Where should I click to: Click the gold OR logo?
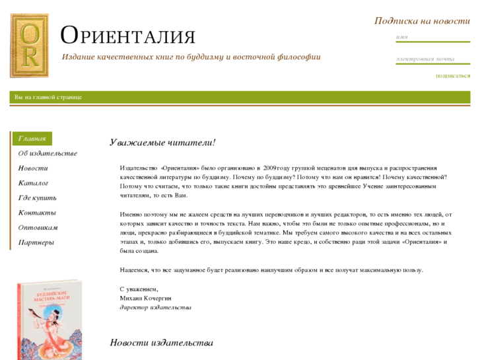pyautogui.click(x=29, y=46)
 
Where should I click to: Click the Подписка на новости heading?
pyautogui.click(x=422, y=20)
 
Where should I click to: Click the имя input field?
pyautogui.click(x=432, y=38)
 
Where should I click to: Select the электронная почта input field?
pyautogui.click(x=432, y=59)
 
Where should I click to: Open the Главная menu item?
pyautogui.click(x=32, y=139)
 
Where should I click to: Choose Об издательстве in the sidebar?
pyautogui.click(x=48, y=153)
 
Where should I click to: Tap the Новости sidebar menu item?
pyautogui.click(x=33, y=168)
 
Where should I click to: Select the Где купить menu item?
pyautogui.click(x=37, y=198)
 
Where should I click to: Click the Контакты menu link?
pyautogui.click(x=37, y=213)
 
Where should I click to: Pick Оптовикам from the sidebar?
pyautogui.click(x=38, y=228)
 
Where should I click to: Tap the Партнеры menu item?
pyautogui.click(x=36, y=242)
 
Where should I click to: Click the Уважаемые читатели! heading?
pyautogui.click(x=162, y=143)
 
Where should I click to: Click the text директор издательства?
pyautogui.click(x=155, y=307)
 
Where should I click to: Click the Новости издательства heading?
pyautogui.click(x=162, y=343)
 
